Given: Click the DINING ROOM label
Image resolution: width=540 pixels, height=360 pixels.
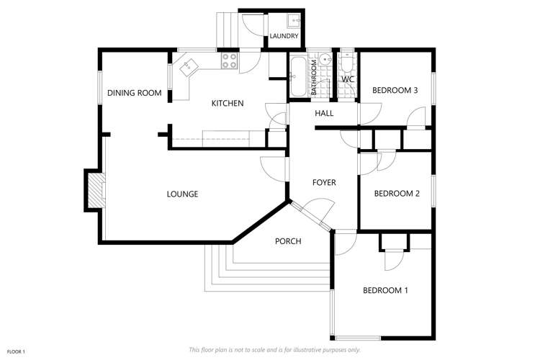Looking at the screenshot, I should [134, 93].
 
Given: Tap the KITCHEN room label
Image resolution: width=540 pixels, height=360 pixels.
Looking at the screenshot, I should [227, 104].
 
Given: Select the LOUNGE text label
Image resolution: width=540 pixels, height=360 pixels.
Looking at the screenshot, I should [182, 194].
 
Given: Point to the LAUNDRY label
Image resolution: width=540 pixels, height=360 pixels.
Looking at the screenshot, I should [284, 36].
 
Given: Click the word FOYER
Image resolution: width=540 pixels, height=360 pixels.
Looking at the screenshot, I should [324, 183].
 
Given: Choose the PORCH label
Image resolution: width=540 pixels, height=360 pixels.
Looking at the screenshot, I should [288, 241].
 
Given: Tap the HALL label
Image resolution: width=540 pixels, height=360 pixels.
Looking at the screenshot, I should [324, 114].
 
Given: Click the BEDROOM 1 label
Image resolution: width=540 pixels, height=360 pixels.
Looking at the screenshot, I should [385, 291].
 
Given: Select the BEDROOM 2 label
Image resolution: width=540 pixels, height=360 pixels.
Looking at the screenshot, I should [396, 193].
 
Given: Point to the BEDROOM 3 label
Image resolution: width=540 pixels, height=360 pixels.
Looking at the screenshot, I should [395, 91].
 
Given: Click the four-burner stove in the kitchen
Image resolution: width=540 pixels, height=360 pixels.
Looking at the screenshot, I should [230, 62].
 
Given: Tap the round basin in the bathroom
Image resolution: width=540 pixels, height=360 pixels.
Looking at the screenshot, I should [325, 60].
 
